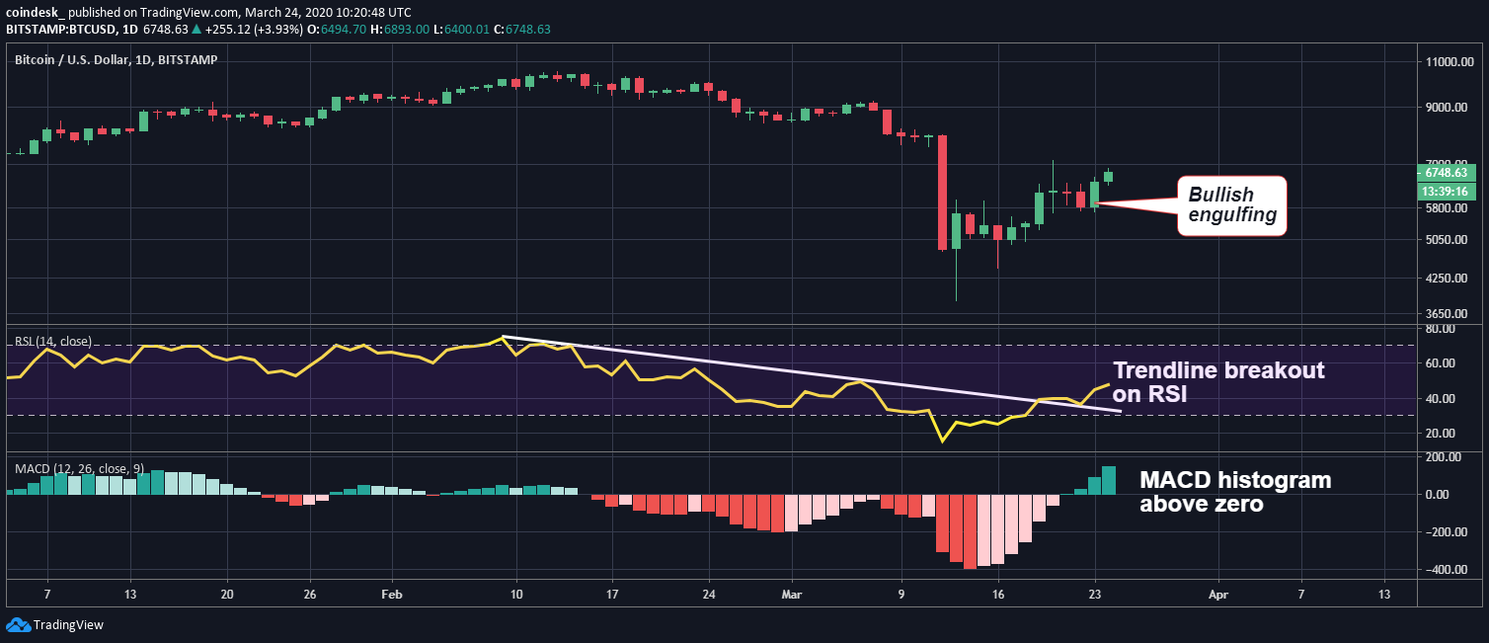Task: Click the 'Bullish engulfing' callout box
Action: [x=1231, y=205]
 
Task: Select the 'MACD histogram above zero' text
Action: [x=1235, y=492]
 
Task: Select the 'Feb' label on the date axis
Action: [x=392, y=596]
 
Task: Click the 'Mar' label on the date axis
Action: [x=792, y=596]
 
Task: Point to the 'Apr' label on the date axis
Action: [x=1217, y=596]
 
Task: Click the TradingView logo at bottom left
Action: [x=55, y=624]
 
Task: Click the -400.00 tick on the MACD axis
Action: [x=1443, y=570]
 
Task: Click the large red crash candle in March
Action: [x=942, y=192]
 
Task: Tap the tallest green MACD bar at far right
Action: [x=1109, y=480]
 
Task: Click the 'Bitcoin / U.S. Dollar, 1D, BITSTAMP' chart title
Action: [x=116, y=59]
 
